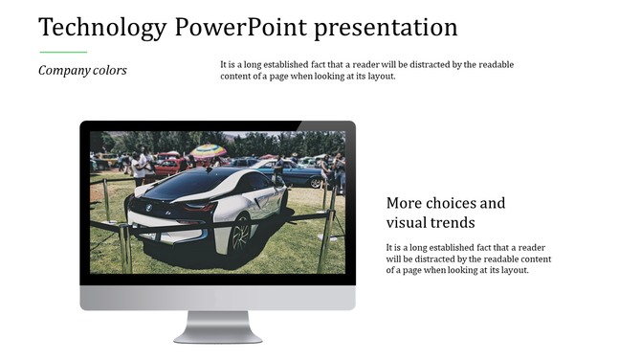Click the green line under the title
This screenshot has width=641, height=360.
click(x=63, y=52)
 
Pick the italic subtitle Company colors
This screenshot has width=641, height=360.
click(x=82, y=70)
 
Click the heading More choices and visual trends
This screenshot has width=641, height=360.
click(x=445, y=213)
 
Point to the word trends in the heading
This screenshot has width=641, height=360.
click(x=453, y=223)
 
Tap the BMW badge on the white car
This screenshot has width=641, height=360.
click(x=148, y=208)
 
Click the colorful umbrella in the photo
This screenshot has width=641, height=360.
click(x=208, y=150)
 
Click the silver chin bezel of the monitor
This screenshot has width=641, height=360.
click(x=217, y=298)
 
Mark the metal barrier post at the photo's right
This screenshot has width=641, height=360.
click(x=329, y=230)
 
